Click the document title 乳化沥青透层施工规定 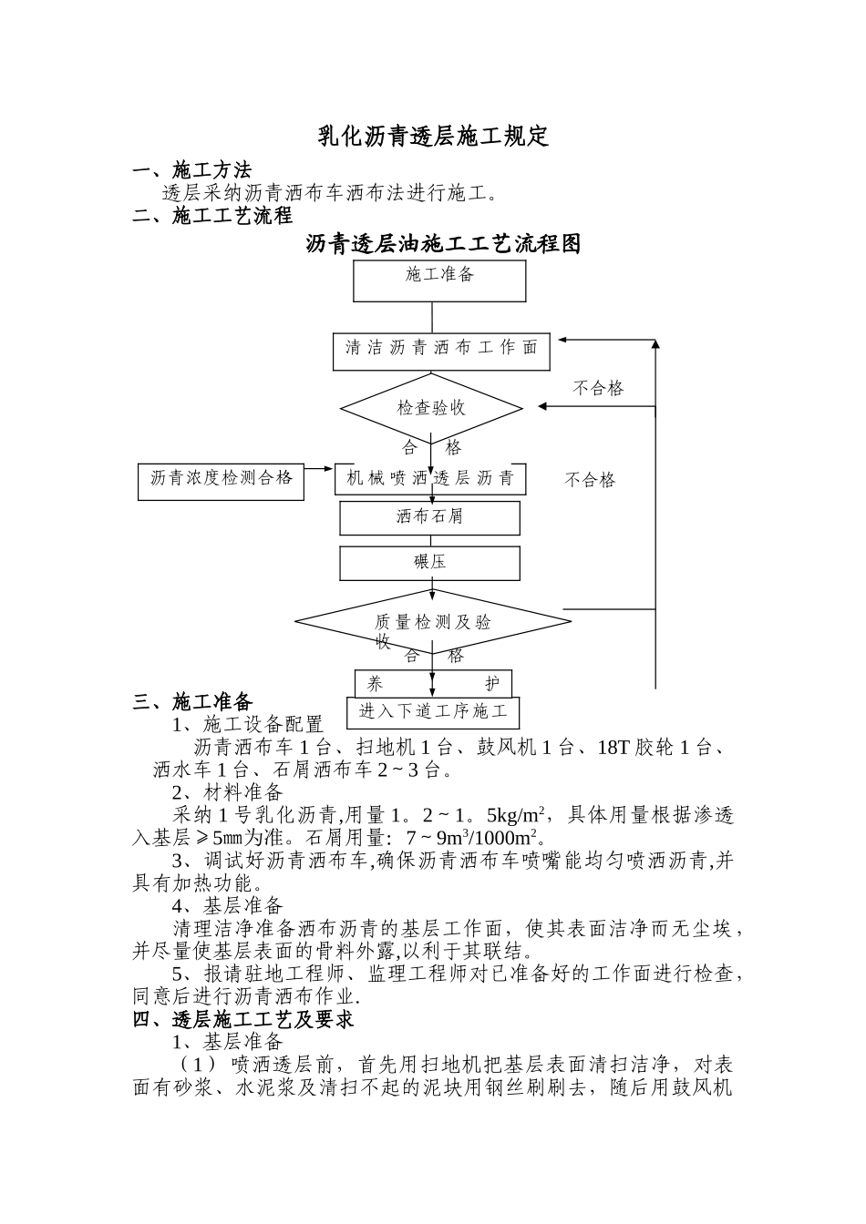[433, 137]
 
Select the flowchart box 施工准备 [439, 280]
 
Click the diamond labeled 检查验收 [431, 407]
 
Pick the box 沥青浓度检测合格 [222, 479]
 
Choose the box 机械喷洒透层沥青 [431, 479]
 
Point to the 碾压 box [430, 563]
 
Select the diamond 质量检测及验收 [433, 622]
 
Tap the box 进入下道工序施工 [433, 712]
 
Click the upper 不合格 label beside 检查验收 [598, 389]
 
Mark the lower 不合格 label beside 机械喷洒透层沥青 [590, 480]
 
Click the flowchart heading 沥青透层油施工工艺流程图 [443, 244]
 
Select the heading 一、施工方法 [192, 170]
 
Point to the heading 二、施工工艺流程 [212, 216]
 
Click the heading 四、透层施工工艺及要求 [243, 1019]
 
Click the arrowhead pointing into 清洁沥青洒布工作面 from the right [563, 340]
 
